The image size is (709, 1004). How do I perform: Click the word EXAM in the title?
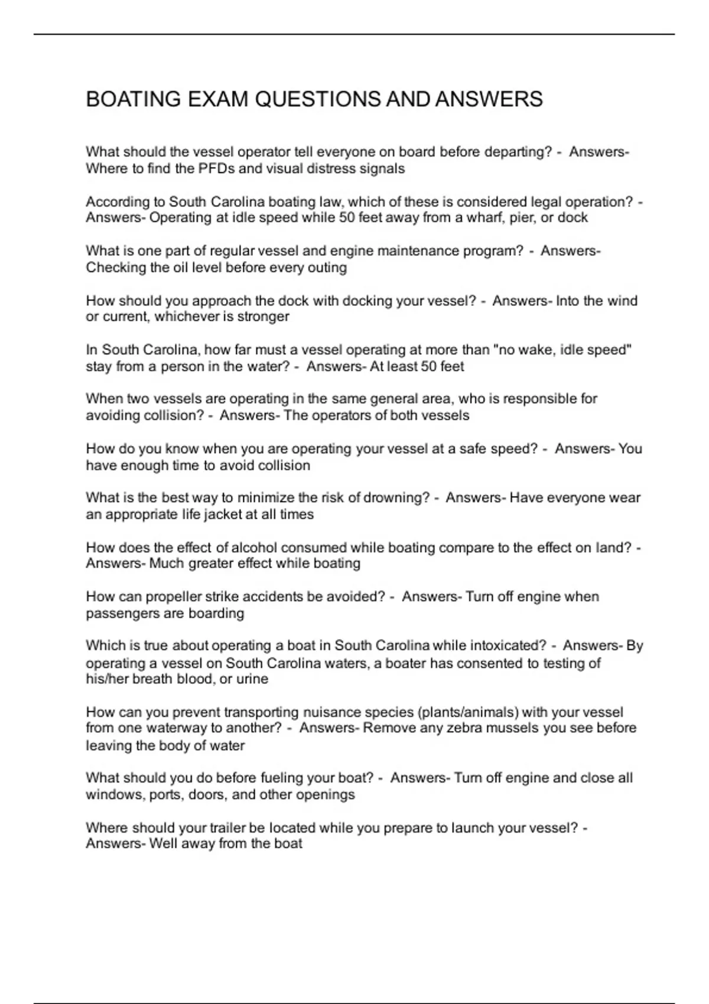[x=218, y=99]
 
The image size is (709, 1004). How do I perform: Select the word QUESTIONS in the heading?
[x=318, y=99]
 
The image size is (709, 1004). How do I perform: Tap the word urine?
[x=252, y=679]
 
